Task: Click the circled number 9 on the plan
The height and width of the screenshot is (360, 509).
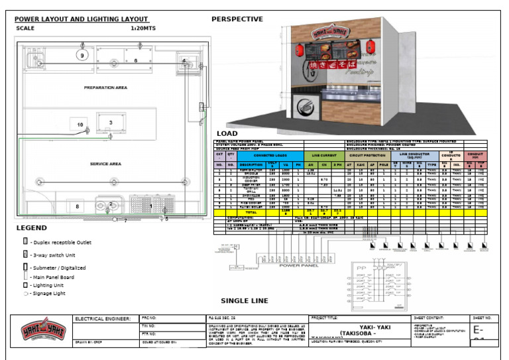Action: tap(82, 56)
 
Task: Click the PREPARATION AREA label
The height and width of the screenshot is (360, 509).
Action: tap(105, 87)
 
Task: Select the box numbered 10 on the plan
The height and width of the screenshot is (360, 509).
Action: tap(80, 125)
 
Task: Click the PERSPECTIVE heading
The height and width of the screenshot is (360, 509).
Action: tap(237, 19)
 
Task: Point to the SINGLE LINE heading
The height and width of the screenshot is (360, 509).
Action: tap(245, 300)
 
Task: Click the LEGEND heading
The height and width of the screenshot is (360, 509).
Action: tap(31, 228)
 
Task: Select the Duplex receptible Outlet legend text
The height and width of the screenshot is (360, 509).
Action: tap(63, 243)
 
